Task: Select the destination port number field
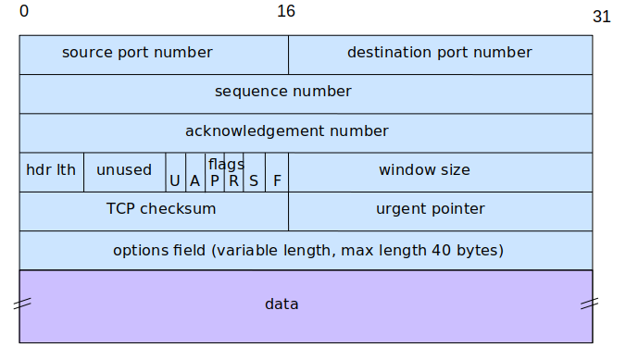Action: click(440, 54)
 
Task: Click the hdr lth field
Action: click(51, 171)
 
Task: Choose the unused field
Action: click(124, 171)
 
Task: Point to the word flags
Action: click(225, 164)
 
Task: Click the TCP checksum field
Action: click(154, 210)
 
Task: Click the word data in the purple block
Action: click(282, 304)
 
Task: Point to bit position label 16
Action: click(286, 11)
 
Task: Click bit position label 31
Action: click(601, 17)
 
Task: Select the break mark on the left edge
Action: click(22, 304)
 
